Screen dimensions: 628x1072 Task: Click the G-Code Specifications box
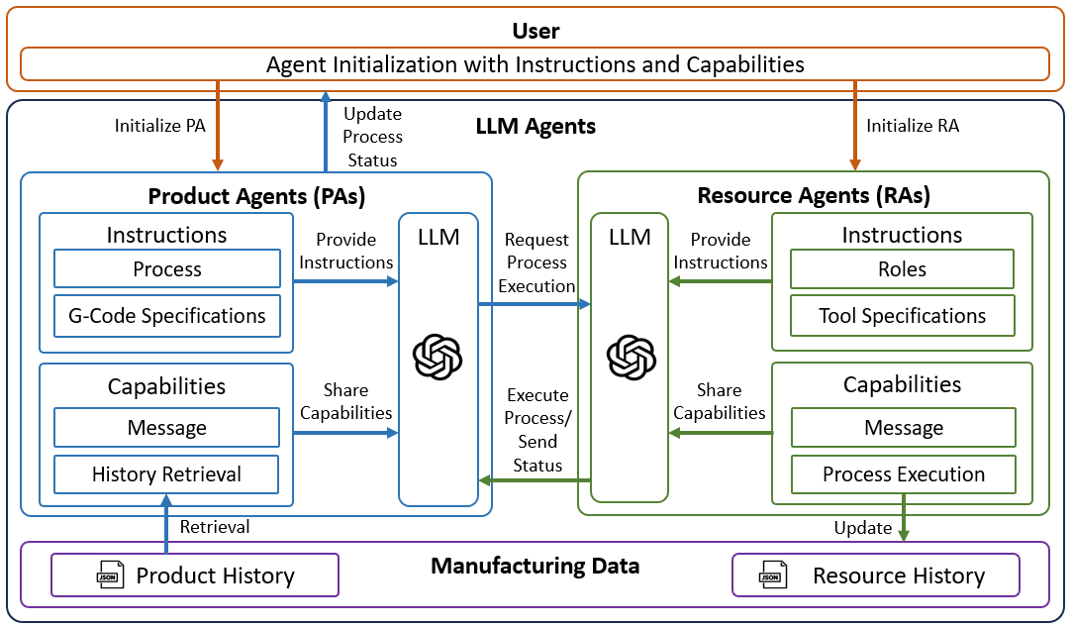(x=166, y=316)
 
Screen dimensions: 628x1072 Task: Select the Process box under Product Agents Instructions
(x=166, y=269)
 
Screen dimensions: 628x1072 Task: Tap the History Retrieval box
(x=166, y=474)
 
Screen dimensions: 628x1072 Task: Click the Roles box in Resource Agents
(x=902, y=269)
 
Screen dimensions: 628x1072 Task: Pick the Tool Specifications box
(x=902, y=316)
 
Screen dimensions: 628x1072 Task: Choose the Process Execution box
(x=903, y=474)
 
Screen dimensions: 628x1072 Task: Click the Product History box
(x=195, y=576)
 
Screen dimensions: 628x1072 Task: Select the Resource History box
(x=875, y=576)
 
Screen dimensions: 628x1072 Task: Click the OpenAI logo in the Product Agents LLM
(x=438, y=357)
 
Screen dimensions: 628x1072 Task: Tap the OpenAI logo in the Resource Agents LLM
(x=631, y=357)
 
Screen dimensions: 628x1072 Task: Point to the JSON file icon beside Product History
(x=109, y=575)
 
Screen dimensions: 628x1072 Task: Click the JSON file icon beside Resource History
(x=770, y=575)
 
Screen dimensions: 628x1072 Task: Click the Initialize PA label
(x=159, y=126)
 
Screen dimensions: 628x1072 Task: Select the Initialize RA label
(x=912, y=126)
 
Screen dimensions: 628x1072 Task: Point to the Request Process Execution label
(x=536, y=262)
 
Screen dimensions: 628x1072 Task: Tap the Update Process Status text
(x=372, y=137)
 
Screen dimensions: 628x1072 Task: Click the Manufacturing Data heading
(x=535, y=567)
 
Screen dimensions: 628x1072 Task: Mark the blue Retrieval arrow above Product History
(x=166, y=523)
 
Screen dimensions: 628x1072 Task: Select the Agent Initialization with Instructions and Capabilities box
(x=535, y=65)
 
